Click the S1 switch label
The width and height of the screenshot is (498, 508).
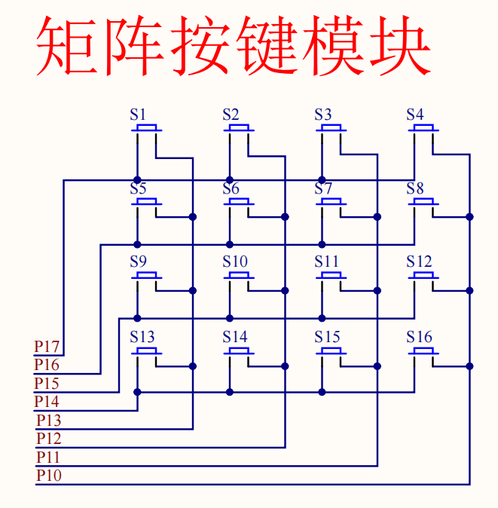click(x=138, y=115)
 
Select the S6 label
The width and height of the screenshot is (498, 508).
click(x=231, y=188)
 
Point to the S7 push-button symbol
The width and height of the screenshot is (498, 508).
click(x=331, y=202)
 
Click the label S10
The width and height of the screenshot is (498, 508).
click(x=235, y=262)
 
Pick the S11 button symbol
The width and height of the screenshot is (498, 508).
click(x=331, y=276)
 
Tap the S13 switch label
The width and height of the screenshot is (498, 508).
click(x=142, y=336)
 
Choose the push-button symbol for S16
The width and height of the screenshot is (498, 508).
click(x=423, y=350)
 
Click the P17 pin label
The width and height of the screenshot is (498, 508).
click(x=47, y=347)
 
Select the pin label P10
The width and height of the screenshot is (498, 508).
click(x=49, y=475)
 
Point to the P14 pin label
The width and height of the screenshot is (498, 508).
click(x=47, y=402)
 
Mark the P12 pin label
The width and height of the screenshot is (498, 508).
click(x=49, y=438)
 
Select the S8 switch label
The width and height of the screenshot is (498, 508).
click(x=415, y=188)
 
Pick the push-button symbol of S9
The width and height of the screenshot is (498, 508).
click(x=147, y=276)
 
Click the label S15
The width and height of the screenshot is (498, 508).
click(x=328, y=336)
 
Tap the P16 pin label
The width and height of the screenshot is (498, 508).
click(x=47, y=365)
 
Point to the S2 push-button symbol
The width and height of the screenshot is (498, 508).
click(x=239, y=129)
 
